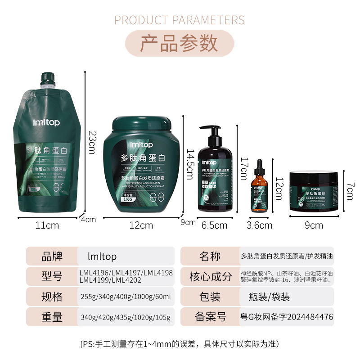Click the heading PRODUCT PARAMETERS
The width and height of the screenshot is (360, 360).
pos(180,20)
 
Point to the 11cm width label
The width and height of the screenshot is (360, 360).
pos(47,225)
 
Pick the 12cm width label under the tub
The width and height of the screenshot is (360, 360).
pos(141,225)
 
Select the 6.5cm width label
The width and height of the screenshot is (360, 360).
pos(214,225)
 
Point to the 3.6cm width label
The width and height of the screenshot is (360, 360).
pos(260,225)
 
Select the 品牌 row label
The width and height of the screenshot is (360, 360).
pos(52,256)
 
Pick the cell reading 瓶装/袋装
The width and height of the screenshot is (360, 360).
pos(269,297)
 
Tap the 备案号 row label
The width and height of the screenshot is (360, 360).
pos(210,317)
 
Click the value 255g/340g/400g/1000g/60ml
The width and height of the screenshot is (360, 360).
pos(126,297)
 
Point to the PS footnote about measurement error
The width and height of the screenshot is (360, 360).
pos(180,344)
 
